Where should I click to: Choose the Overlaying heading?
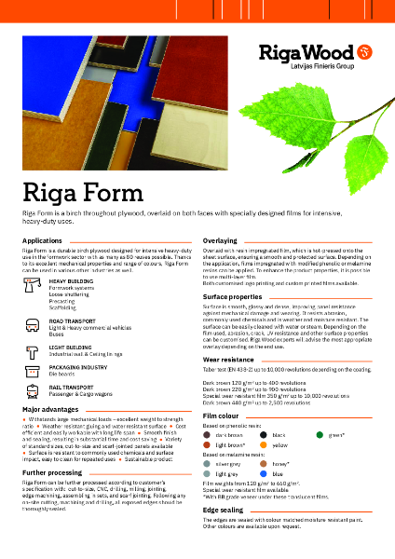[x=221, y=240]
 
